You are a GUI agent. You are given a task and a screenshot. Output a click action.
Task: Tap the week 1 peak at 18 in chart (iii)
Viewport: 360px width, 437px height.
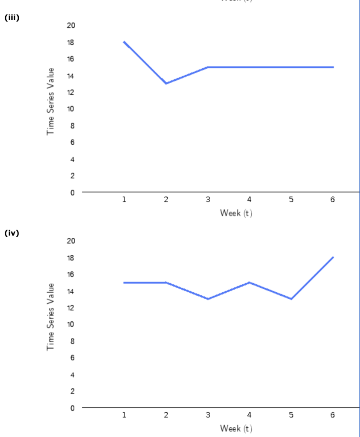click(124, 42)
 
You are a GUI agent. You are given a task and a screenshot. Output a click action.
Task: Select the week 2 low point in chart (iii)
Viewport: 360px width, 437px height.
click(166, 83)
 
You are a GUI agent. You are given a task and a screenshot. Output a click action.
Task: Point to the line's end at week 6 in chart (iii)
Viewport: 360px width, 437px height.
click(333, 67)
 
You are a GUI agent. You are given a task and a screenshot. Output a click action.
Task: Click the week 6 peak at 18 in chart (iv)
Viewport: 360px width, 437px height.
click(333, 257)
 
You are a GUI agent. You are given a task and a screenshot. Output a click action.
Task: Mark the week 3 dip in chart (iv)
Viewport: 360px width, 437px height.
click(208, 299)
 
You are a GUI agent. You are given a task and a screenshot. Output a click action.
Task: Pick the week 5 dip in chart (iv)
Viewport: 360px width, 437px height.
click(291, 299)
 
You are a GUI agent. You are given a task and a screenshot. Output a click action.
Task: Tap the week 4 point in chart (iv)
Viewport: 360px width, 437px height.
click(249, 283)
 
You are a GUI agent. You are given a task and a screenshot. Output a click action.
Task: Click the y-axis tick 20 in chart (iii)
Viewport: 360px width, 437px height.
click(71, 26)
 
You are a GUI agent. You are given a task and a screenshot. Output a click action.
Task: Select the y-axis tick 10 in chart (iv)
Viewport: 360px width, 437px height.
click(71, 324)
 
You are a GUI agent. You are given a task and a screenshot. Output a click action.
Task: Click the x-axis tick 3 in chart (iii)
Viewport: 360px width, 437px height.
click(208, 200)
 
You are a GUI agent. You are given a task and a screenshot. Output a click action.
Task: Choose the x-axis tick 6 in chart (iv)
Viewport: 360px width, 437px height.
click(333, 415)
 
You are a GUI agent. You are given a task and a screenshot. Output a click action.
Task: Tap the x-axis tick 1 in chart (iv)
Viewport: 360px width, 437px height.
click(124, 415)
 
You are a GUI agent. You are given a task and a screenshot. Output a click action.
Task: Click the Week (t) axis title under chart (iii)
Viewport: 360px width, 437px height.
click(236, 213)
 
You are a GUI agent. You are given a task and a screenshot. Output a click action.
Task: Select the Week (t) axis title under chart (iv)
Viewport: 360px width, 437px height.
click(236, 428)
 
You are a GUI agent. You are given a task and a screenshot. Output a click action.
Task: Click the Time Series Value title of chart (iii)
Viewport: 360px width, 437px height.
click(51, 101)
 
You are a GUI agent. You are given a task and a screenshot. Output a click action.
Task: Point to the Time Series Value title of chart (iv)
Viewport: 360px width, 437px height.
click(51, 317)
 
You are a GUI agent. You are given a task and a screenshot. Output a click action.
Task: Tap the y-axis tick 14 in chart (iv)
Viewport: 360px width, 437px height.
click(71, 291)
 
